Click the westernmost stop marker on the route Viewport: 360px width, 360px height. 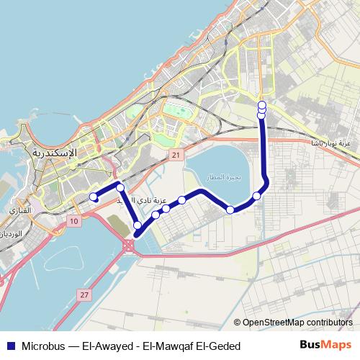(93, 197)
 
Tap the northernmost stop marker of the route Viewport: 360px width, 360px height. (261, 106)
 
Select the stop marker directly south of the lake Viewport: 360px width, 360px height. (230, 210)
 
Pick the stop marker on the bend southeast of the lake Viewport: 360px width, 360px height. (256, 196)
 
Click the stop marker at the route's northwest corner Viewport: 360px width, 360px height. (120, 188)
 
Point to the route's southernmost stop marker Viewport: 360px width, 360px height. (138, 225)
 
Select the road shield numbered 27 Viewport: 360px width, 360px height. (85, 295)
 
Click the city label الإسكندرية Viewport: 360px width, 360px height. (55, 153)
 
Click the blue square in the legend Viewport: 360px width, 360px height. (10, 345)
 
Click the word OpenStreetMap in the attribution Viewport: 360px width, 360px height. (272, 323)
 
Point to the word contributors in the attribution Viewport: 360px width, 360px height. (328, 323)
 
